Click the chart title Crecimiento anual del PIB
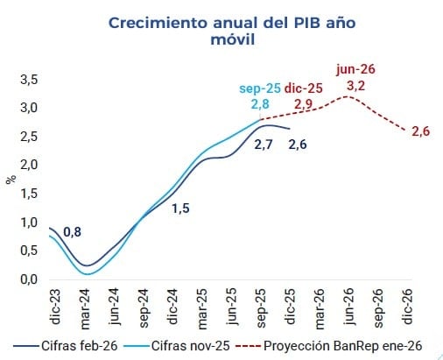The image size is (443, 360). pyautogui.click(x=221, y=32)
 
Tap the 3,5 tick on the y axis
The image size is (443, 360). pyautogui.click(x=28, y=80)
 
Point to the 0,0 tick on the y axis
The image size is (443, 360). pyautogui.click(x=28, y=279)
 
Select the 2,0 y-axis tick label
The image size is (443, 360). pyautogui.click(x=28, y=165)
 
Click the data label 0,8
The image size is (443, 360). pyautogui.click(x=73, y=231)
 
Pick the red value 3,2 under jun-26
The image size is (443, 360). pyautogui.click(x=355, y=86)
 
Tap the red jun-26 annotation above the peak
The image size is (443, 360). pyautogui.click(x=355, y=69)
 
